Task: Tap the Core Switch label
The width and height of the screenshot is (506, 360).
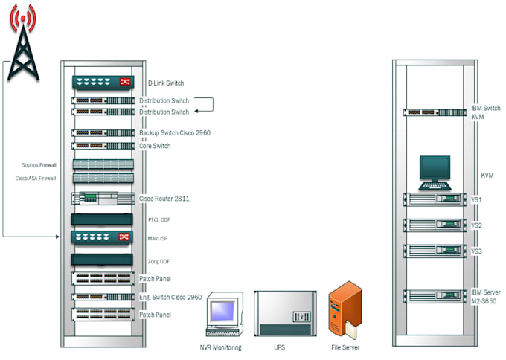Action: [155, 146]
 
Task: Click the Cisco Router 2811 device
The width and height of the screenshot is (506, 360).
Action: [103, 199]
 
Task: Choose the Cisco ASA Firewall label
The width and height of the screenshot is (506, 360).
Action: [36, 179]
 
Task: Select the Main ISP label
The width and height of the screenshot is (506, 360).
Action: [158, 238]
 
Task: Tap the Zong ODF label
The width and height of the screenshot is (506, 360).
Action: [158, 261]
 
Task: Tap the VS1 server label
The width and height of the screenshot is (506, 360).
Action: [477, 200]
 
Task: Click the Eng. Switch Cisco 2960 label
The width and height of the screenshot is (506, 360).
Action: [170, 297]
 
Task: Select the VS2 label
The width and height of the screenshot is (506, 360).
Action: [477, 225]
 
